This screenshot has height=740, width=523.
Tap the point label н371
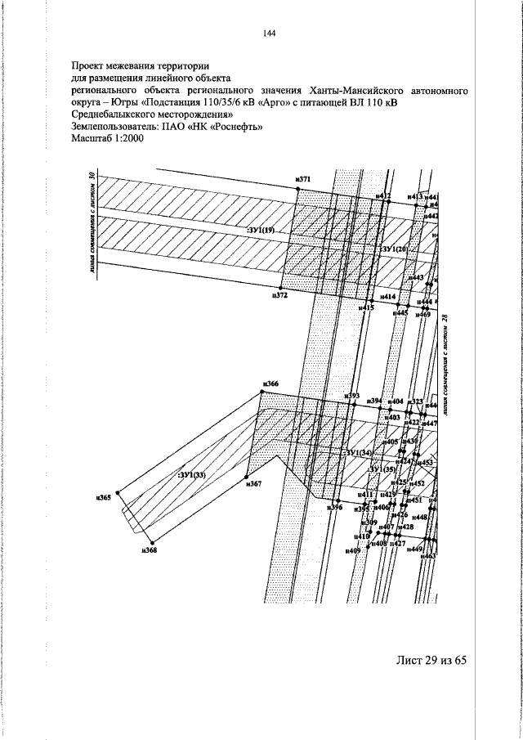pos(304,178)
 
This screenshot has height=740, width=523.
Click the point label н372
pos(279,295)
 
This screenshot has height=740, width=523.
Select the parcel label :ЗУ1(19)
pos(262,231)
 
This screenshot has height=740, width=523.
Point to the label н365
pos(103,497)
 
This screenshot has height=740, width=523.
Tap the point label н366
pos(270,383)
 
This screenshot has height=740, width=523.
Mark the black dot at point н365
pos(118,492)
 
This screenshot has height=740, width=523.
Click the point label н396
pos(334,508)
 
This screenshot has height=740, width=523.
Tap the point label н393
pos(352,396)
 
